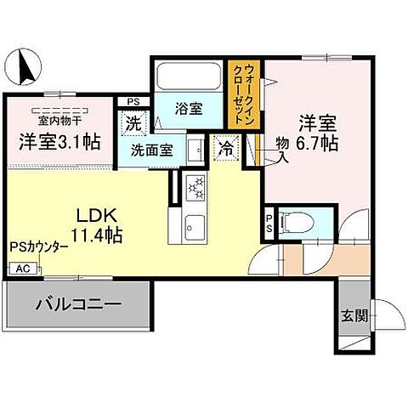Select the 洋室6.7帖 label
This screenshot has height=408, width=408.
pos(316,131)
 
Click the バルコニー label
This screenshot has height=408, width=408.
pos(78,303)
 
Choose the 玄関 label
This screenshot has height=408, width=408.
pos(354,316)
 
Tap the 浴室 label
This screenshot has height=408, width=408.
pos(188,109)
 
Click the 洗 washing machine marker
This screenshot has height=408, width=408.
pos(134,123)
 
